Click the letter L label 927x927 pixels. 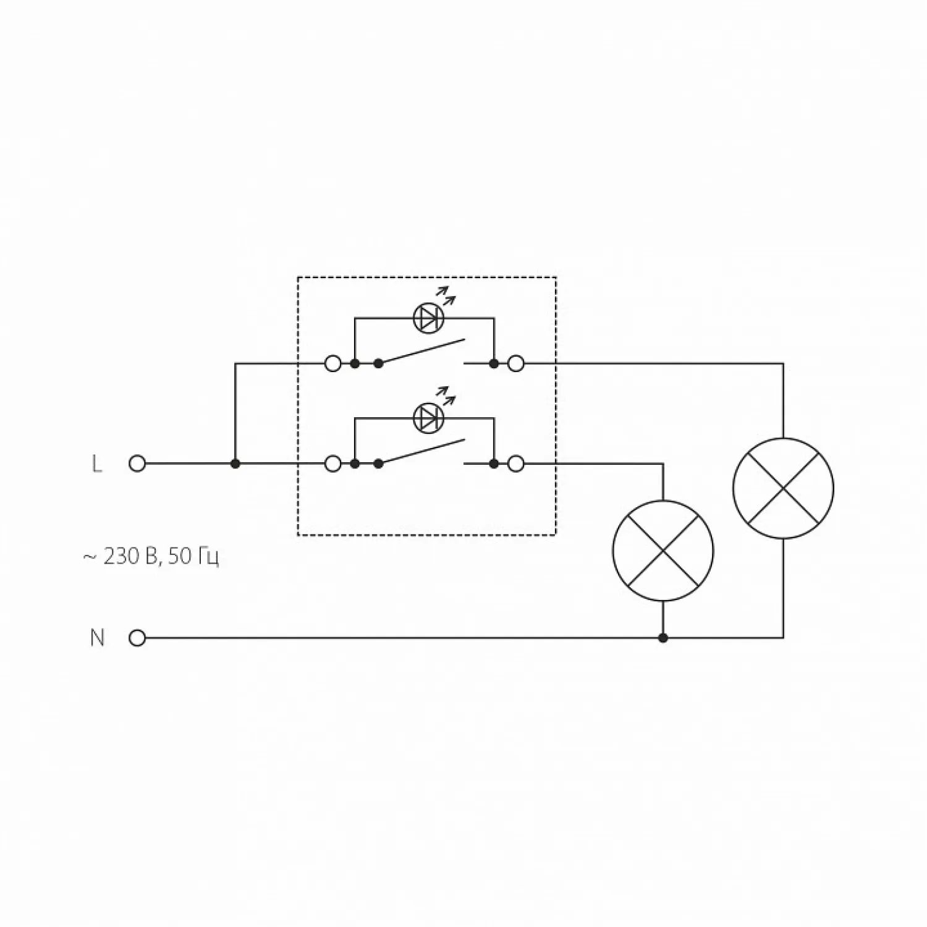pyautogui.click(x=96, y=463)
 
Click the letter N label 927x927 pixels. pyautogui.click(x=97, y=638)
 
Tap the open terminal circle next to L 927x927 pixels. pyautogui.click(x=137, y=463)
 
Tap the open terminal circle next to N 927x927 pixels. pyautogui.click(x=137, y=638)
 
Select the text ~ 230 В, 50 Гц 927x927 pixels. pyautogui.click(x=151, y=557)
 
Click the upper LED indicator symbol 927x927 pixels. pyautogui.click(x=429, y=318)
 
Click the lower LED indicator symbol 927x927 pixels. pyautogui.click(x=429, y=418)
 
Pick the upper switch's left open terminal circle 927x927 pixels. pyautogui.click(x=333, y=363)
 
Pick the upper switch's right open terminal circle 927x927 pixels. pyautogui.click(x=515, y=363)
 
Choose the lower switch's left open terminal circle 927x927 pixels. pyautogui.click(x=333, y=463)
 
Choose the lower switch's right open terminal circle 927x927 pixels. pyautogui.click(x=515, y=463)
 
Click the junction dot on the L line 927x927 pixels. pyautogui.click(x=235, y=463)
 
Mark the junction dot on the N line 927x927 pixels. pyautogui.click(x=663, y=638)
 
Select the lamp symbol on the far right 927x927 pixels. pyautogui.click(x=783, y=488)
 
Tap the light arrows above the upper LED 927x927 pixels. pyautogui.click(x=446, y=295)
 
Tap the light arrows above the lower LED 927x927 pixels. pyautogui.click(x=446, y=396)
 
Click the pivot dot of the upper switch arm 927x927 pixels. pyautogui.click(x=379, y=363)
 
